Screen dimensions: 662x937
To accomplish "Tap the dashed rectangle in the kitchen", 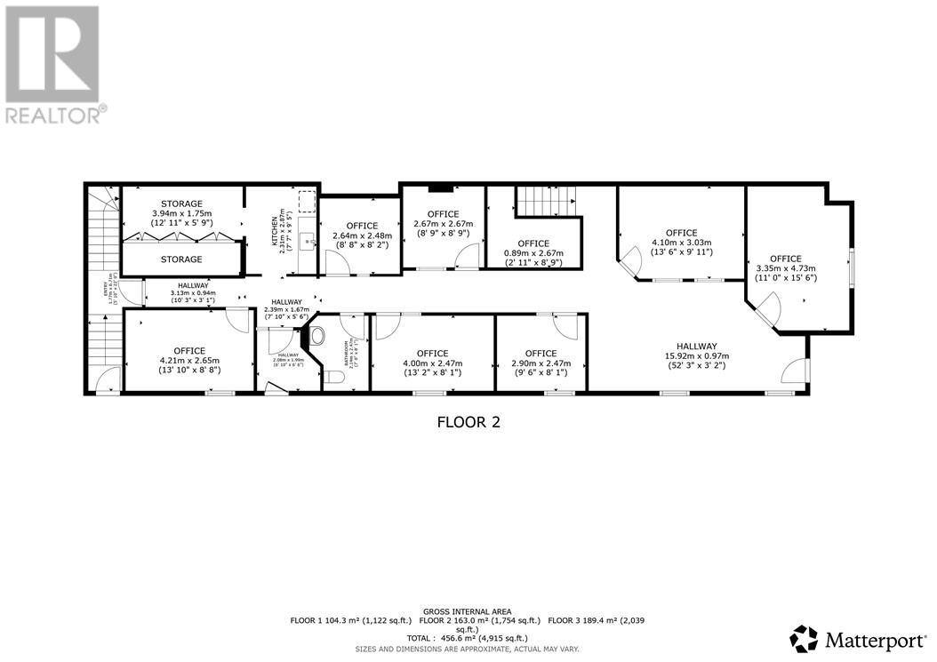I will coord(307,202).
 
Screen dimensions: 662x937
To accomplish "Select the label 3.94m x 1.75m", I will coord(181,213).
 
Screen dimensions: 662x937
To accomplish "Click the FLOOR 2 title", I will coord(468,422).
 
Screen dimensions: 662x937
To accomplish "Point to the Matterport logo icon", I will coord(804,638).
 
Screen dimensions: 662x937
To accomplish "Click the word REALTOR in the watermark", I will coord(53,115).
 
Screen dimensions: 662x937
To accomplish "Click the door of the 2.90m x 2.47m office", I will coord(569,326).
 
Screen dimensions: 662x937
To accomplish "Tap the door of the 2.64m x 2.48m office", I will coord(337,263).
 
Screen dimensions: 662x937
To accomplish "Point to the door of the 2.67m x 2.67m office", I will coord(466,258).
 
